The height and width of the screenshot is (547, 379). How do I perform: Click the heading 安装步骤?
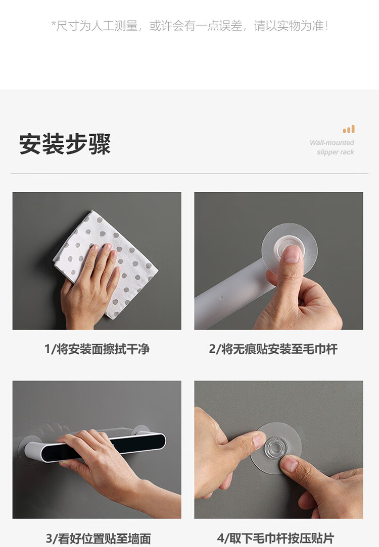[x=65, y=144]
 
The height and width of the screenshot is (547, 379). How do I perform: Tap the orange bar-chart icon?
[x=349, y=129]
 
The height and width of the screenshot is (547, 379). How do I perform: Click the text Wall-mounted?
[x=332, y=142]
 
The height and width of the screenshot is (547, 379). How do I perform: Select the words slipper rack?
[x=336, y=152]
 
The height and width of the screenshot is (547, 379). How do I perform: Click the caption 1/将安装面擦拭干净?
[x=97, y=349]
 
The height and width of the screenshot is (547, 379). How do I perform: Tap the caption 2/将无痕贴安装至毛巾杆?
[x=273, y=349]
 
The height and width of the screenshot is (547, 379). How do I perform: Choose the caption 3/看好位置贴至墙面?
[x=98, y=538]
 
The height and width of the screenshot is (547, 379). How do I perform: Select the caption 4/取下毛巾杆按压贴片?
[x=275, y=538]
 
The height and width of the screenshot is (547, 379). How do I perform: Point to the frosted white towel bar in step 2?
[x=230, y=297]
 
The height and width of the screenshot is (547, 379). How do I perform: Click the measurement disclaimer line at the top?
[x=189, y=25]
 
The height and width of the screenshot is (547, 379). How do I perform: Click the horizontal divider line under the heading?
[x=189, y=173]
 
